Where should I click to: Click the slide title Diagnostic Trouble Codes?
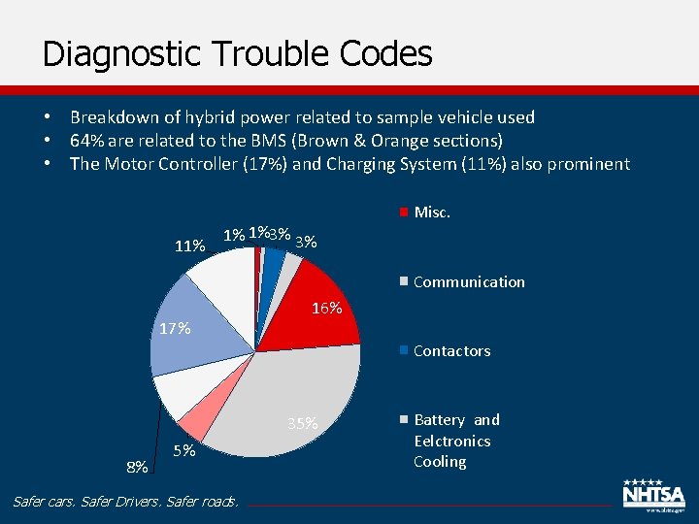237,53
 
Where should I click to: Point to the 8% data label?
137,468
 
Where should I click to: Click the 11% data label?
189,246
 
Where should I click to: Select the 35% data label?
303,423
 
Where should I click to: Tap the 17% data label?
173,329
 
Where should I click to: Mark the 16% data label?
326,309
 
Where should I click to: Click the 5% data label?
184,451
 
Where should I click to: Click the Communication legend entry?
468,282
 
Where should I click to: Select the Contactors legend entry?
451,351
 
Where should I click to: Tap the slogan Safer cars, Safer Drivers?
124,502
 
